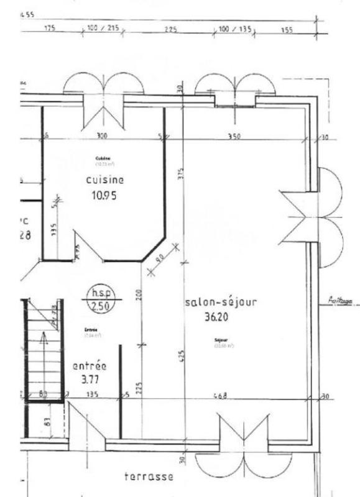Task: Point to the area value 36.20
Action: [x=218, y=317]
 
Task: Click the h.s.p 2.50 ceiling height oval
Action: [x=96, y=299]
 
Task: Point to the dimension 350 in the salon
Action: [x=234, y=135]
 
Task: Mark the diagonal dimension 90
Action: [x=160, y=260]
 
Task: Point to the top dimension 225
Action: [x=169, y=29]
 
